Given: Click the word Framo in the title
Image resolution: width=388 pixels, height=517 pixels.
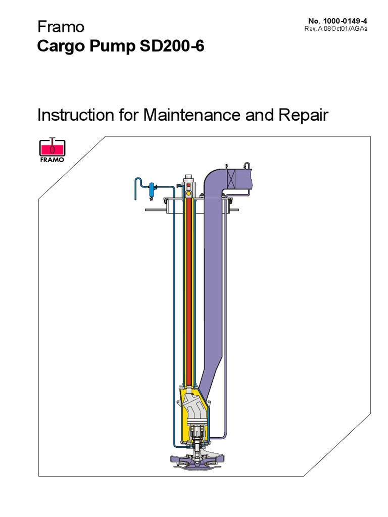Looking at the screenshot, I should (61, 27).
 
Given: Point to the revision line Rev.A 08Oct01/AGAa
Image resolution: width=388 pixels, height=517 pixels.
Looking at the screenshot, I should (335, 28).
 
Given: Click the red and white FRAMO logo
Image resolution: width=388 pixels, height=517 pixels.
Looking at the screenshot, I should (52, 148).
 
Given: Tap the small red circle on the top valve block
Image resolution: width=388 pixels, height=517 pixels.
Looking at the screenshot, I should (189, 186).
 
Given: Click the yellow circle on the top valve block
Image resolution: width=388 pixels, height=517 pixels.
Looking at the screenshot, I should (189, 193).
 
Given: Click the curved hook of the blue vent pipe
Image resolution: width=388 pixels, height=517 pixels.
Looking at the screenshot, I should (138, 182).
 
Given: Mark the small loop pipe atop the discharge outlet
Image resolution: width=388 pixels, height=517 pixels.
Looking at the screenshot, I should (247, 165).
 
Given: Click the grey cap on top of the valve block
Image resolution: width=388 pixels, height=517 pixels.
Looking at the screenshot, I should (189, 178).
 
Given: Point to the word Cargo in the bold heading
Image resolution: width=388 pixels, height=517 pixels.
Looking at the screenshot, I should (58, 47).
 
